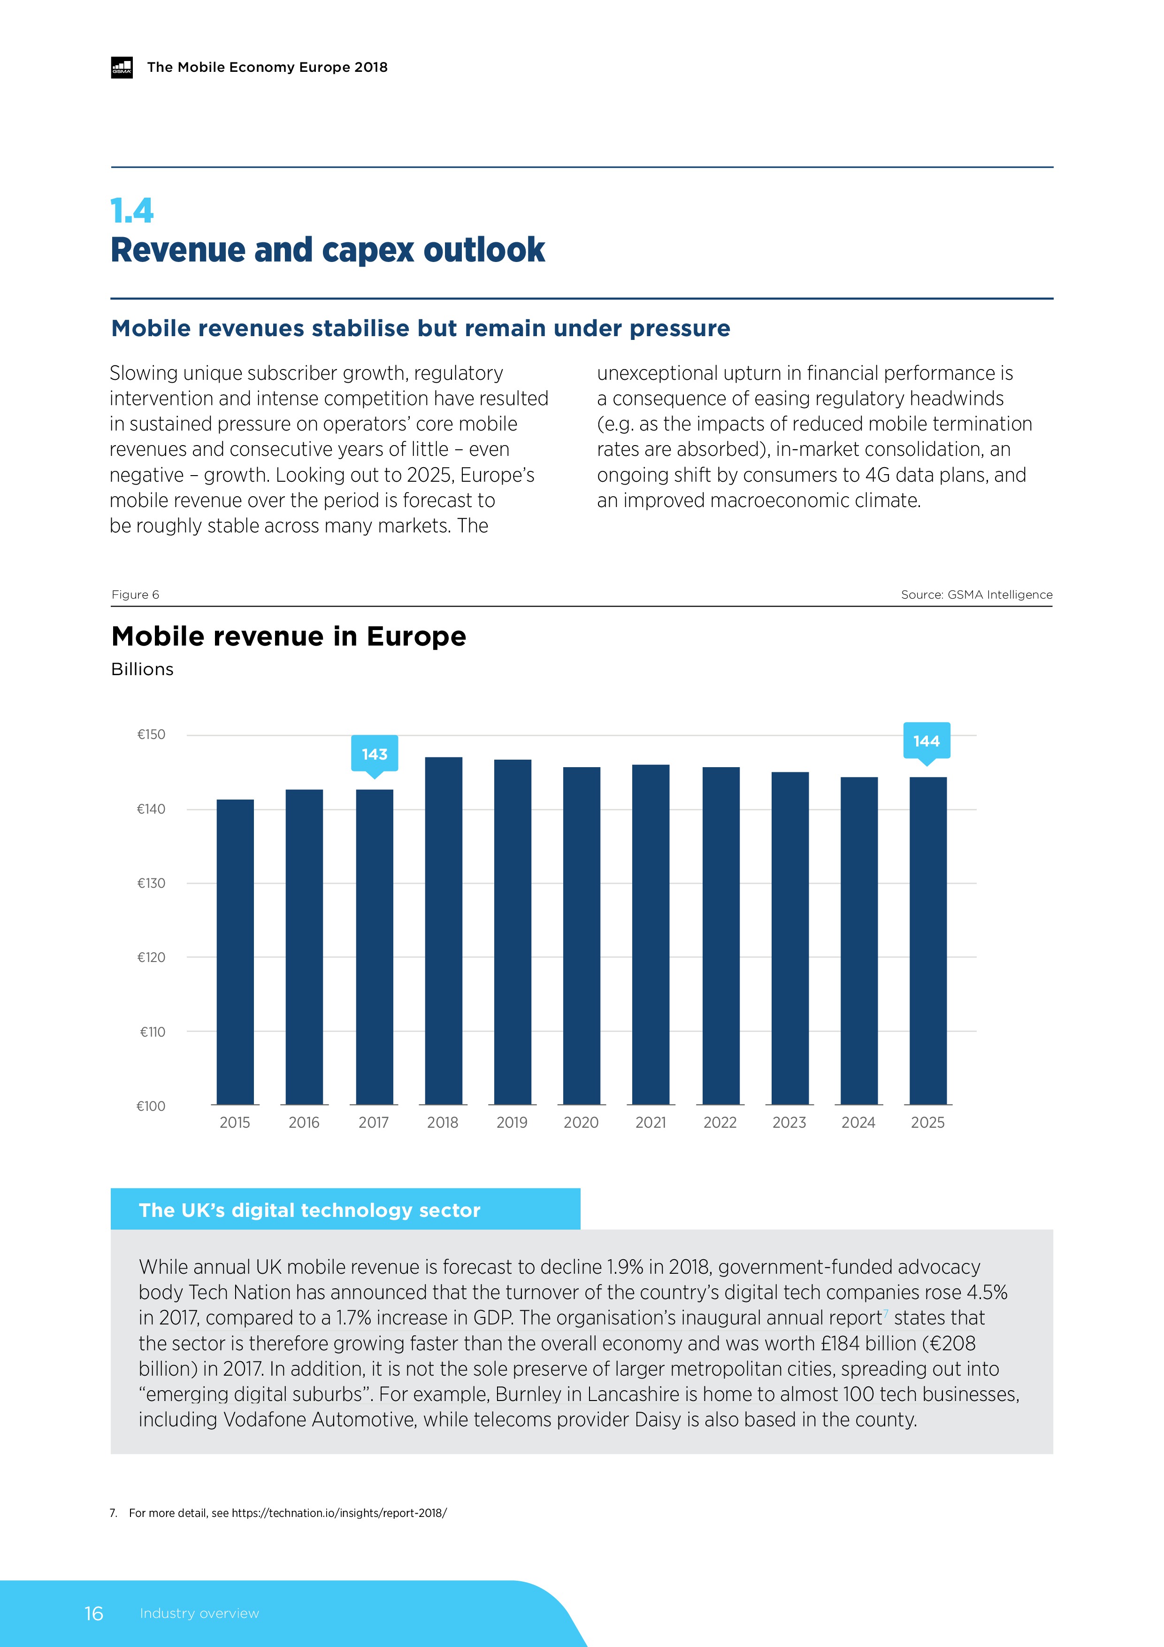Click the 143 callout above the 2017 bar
[375, 754]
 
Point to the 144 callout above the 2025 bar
[926, 741]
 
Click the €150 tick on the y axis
[151, 735]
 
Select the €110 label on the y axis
[152, 1031]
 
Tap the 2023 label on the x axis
[789, 1123]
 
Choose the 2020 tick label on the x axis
[581, 1123]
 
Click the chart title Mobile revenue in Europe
[288, 636]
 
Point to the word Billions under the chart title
[142, 670]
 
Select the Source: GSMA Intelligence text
[976, 595]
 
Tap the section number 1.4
[132, 211]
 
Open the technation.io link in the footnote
[338, 1513]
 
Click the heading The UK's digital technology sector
[309, 1210]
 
